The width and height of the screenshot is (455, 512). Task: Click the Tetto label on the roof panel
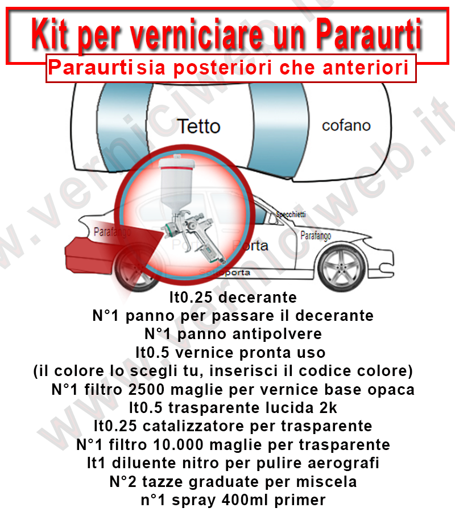(x=198, y=126)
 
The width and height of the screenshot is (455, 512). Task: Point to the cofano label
(x=346, y=125)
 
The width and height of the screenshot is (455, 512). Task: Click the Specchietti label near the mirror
(x=291, y=214)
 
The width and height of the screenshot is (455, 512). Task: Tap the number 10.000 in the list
(x=198, y=444)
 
